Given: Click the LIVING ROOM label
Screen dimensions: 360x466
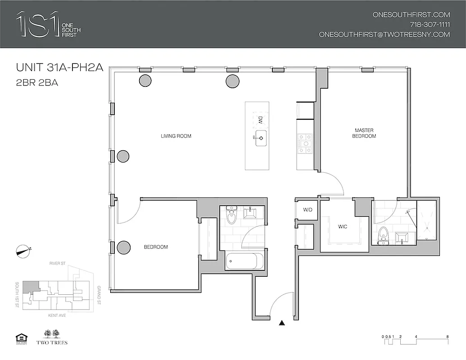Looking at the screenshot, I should click(x=176, y=136).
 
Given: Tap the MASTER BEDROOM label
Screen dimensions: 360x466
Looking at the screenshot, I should click(x=364, y=133).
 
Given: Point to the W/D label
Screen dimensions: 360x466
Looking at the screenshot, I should click(x=308, y=210).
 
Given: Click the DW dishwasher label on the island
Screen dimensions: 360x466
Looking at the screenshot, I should click(x=260, y=120).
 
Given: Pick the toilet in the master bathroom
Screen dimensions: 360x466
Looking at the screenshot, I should click(x=383, y=235).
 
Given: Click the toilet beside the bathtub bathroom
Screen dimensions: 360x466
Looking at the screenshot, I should click(x=231, y=216).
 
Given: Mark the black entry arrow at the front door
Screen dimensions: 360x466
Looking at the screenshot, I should click(x=282, y=323).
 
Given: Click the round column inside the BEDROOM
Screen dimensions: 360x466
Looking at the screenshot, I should click(x=123, y=247).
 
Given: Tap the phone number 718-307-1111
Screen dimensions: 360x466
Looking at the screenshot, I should click(x=430, y=24).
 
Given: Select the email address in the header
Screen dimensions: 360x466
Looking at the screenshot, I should click(x=384, y=34).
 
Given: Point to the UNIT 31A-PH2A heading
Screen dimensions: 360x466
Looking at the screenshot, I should click(x=59, y=68).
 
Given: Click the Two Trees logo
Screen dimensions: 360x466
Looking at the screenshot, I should click(x=55, y=337).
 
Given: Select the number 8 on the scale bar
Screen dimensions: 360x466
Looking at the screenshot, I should click(x=447, y=337).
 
